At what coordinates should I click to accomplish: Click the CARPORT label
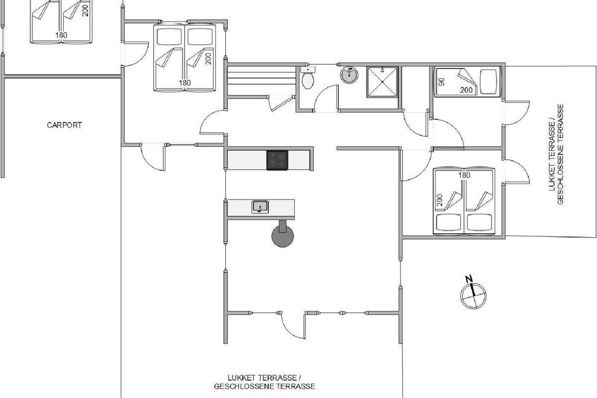coord(64,125)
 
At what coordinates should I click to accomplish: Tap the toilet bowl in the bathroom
coord(307,81)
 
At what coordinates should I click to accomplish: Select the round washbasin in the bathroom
coord(349,74)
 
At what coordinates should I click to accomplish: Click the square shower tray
coord(382,82)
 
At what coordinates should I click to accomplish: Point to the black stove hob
coord(277,160)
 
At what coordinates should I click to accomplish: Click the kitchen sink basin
coord(260,207)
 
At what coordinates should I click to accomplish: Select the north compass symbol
coord(473,293)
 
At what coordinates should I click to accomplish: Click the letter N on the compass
coord(469,279)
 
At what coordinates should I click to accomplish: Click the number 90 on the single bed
coord(442,82)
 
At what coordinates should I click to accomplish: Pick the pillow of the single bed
coord(489,82)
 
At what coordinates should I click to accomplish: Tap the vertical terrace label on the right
coord(556,154)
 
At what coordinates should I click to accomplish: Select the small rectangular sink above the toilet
coord(308,69)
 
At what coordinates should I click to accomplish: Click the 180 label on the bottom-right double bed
coord(464,175)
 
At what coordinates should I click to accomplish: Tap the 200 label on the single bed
coord(467,90)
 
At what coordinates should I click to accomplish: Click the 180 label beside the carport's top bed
coord(61,35)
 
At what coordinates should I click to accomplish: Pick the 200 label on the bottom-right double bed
coord(440,200)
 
